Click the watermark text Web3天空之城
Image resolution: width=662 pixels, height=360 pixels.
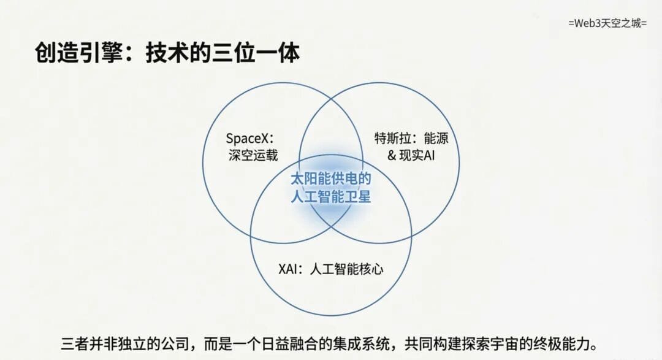coord(607,23)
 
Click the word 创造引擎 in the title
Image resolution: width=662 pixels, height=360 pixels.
coord(79,53)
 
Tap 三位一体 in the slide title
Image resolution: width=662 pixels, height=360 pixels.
coord(256,53)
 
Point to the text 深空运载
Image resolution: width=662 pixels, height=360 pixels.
coord(253,155)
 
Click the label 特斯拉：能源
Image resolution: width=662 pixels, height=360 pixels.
coord(411,138)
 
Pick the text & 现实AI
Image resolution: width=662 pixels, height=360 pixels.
coord(411,155)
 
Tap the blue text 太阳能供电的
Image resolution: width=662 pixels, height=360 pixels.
coord(330,178)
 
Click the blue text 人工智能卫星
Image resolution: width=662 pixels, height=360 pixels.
coord(330,196)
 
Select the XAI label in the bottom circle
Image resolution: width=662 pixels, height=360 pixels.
coord(288,269)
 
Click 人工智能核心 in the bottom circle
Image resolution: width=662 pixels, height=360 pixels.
coord(346,269)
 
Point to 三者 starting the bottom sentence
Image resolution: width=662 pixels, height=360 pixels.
coord(75,343)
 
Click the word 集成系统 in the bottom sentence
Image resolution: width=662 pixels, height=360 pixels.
coord(361,343)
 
